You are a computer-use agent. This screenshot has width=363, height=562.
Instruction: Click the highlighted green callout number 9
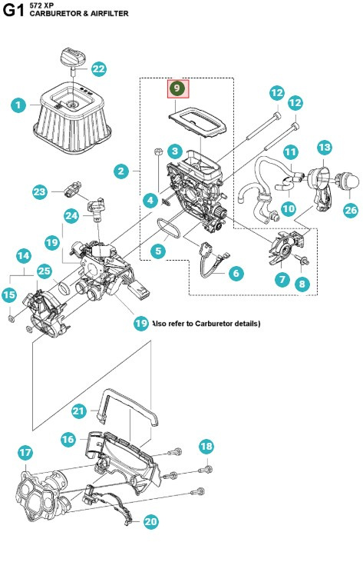pos(177,88)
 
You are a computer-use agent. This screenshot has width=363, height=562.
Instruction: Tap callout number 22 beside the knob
pos(99,68)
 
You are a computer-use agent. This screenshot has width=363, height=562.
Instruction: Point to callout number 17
pos(25,452)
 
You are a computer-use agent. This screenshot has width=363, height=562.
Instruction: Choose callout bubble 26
pos(350,209)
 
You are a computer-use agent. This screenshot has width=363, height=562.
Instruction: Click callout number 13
pos(325,147)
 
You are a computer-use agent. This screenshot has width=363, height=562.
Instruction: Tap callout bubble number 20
pos(151,522)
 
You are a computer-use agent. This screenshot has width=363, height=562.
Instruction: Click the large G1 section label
pos(13,12)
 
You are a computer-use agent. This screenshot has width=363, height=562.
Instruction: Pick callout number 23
pos(40,191)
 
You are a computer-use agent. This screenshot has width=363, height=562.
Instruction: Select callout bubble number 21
pos(79,411)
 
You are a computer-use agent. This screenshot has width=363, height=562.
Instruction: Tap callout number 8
pos(302,284)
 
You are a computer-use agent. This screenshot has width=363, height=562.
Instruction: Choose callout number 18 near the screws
pos(206,447)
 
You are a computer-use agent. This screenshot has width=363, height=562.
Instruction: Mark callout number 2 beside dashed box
pos(121,171)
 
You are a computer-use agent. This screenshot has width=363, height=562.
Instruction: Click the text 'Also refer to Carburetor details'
pos(206,324)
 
